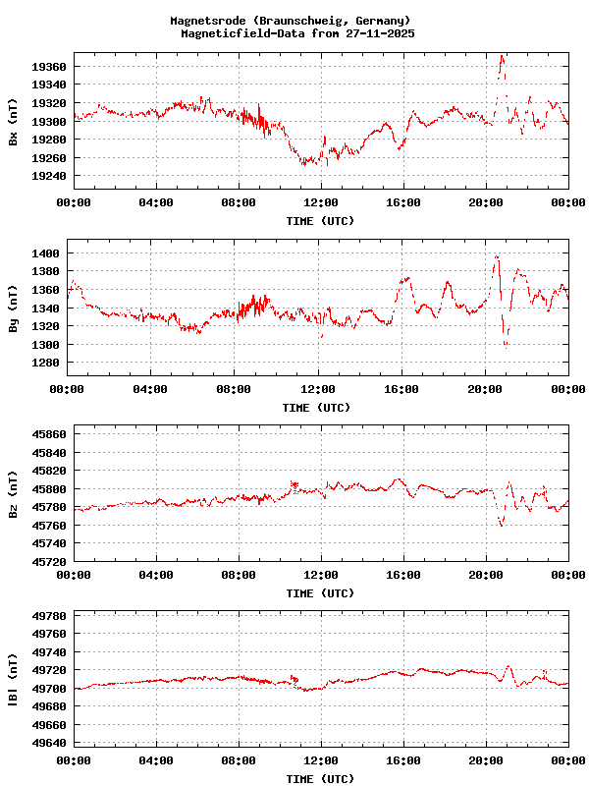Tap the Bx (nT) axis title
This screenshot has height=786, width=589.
click(x=13, y=122)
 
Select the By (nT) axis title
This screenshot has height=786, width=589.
click(x=13, y=309)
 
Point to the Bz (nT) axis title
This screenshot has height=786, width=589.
click(x=13, y=494)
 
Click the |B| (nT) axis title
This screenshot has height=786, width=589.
click(x=13, y=680)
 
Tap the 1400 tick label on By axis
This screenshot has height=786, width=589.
click(x=44, y=253)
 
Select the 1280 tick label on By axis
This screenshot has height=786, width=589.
click(x=44, y=363)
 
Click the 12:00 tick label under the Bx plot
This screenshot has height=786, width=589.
click(x=321, y=202)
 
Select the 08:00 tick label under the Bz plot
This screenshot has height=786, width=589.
click(x=239, y=575)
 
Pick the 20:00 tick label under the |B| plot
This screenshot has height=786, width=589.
click(x=486, y=760)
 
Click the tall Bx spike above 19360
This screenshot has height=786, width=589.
click(x=502, y=61)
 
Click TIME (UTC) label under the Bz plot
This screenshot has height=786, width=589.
click(x=320, y=593)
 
